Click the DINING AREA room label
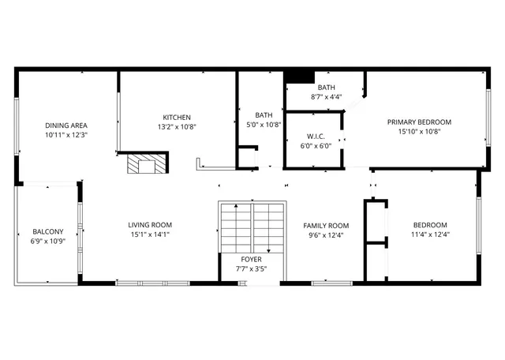[x=66, y=126]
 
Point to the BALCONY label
[x=47, y=231]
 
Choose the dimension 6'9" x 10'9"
[x=47, y=241]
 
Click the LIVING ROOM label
[x=150, y=225]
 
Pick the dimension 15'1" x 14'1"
[x=150, y=234]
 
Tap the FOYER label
[x=251, y=259]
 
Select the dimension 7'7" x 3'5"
[x=251, y=268]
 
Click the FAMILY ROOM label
[x=327, y=225]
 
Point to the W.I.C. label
[x=316, y=136]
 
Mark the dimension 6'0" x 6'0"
[x=316, y=145]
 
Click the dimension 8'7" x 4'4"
[x=327, y=96]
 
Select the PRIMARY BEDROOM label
[x=419, y=122]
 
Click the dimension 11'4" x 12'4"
[x=430, y=234]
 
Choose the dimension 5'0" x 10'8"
[x=264, y=124]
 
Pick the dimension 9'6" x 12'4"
[x=327, y=234]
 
